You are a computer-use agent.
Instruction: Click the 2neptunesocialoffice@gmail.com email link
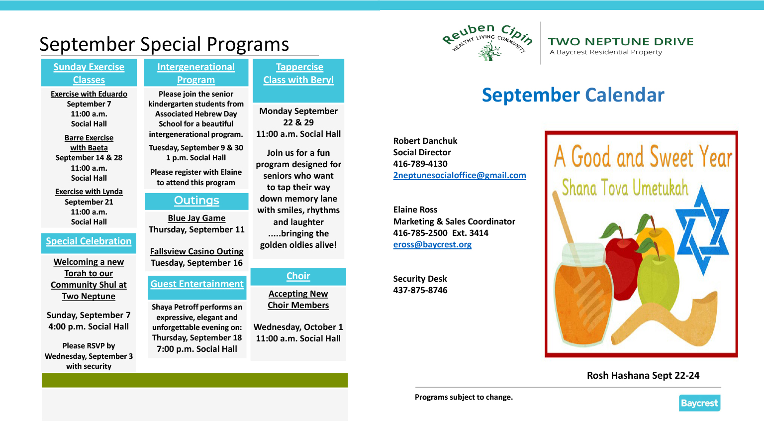pos(460,175)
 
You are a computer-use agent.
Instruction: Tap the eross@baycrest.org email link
pos(432,244)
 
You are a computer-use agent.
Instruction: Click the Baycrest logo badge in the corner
pos(699,403)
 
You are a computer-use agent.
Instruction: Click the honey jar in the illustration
pos(581,294)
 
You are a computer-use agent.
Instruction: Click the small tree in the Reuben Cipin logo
pos(490,52)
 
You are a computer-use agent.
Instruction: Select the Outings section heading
pos(196,201)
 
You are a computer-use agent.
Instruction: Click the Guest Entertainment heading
pos(197,284)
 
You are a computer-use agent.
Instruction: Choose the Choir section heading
pos(298,276)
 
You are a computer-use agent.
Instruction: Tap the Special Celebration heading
pos(89,241)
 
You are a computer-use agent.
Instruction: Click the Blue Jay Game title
pos(196,218)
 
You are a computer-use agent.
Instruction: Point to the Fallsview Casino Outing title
pos(197,251)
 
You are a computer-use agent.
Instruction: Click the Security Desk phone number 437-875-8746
pos(420,290)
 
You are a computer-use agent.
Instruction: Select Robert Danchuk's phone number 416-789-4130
pos(420,164)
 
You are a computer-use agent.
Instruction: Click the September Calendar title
pos(573,95)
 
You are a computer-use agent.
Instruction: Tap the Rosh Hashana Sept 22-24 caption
pos(643,375)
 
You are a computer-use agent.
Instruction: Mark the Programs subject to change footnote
pos(464,397)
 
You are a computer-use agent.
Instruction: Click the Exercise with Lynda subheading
pos(89,192)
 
